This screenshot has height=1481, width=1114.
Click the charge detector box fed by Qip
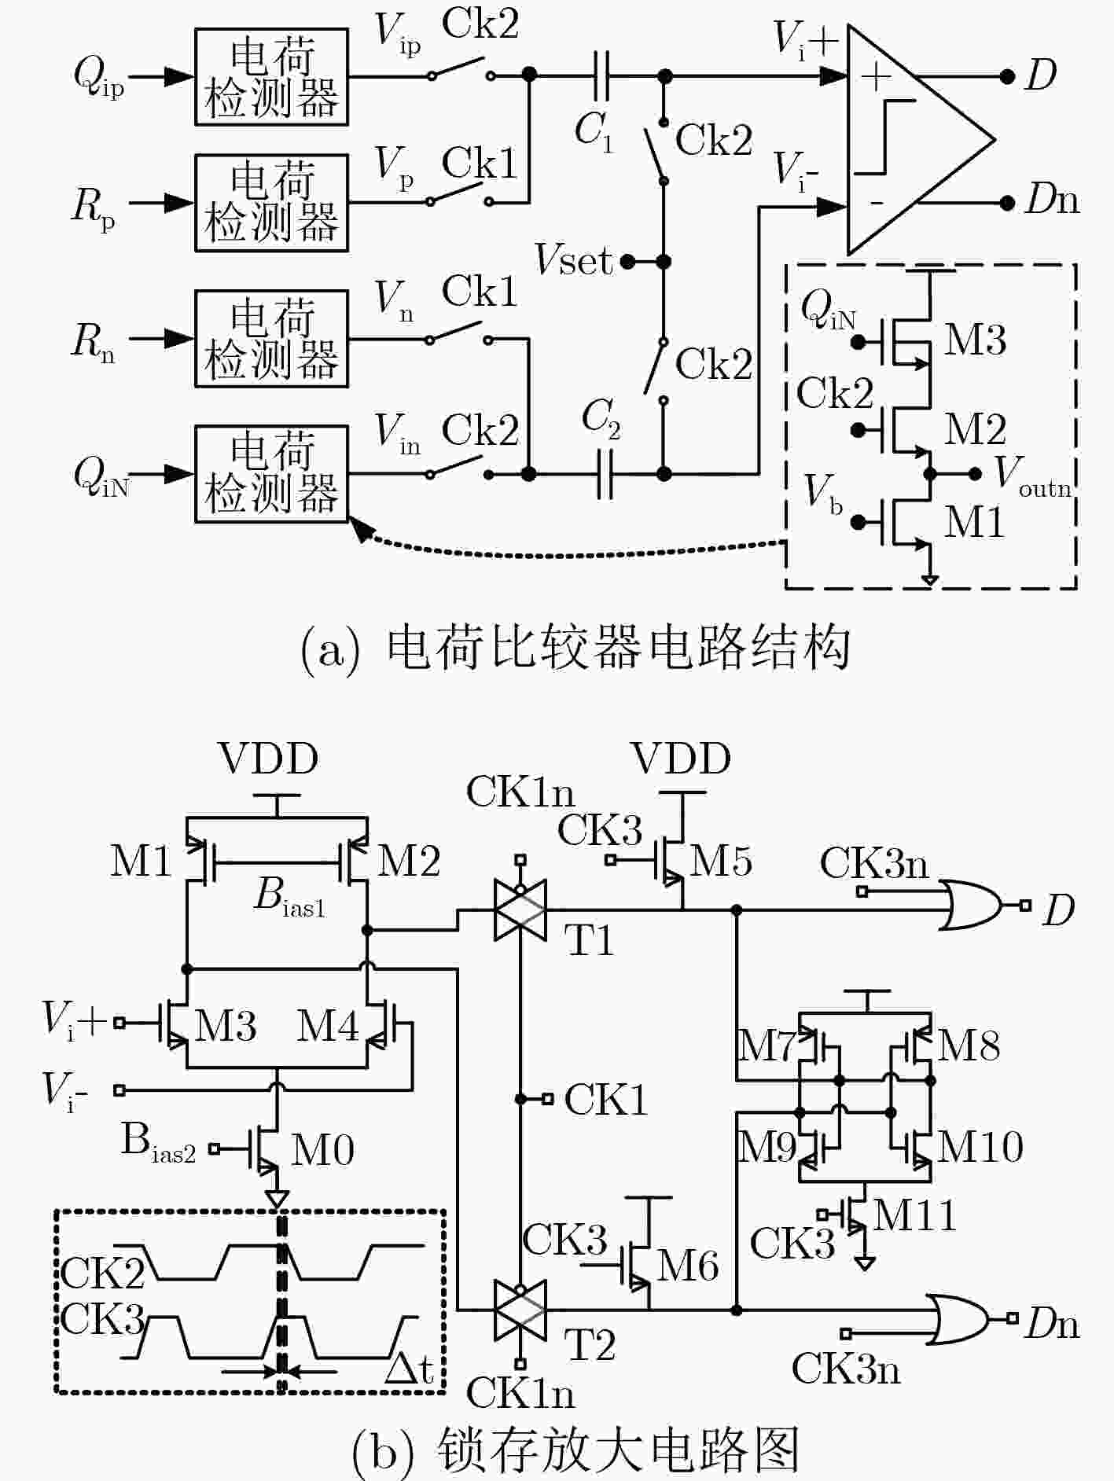click(x=271, y=77)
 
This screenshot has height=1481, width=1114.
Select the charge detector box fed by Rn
click(x=271, y=339)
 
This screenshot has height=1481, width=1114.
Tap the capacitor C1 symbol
click(x=601, y=76)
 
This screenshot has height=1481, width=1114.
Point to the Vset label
click(x=573, y=259)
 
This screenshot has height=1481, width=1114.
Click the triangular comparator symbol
click(x=920, y=140)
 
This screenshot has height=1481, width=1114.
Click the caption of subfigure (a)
click(x=575, y=649)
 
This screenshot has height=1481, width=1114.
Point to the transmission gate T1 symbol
click(x=520, y=910)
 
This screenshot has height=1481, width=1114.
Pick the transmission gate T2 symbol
click(x=520, y=1310)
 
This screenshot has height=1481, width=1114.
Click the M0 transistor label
click(x=322, y=1150)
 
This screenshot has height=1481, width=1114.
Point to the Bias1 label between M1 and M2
click(x=289, y=898)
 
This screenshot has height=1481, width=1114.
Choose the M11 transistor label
click(x=914, y=1215)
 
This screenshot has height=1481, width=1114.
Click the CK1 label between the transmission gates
click(x=606, y=1099)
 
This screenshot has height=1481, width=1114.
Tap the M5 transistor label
click(x=721, y=861)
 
